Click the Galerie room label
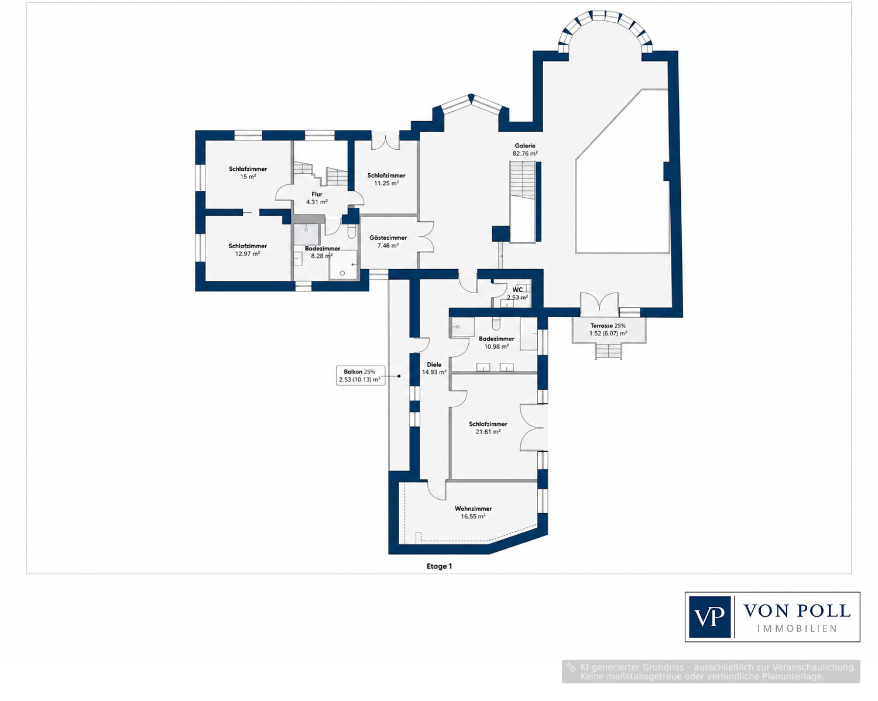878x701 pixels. [x=524, y=146]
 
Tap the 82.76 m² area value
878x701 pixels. [x=525, y=154]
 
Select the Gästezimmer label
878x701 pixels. [x=388, y=238]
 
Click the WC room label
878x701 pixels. [x=517, y=290]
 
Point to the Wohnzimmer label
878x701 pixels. [x=474, y=508]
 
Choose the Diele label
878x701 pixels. [x=434, y=365]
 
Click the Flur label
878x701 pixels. [x=317, y=194]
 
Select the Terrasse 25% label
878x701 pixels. [x=608, y=325]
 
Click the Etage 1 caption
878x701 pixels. [x=439, y=566]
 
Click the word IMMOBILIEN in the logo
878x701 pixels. [x=797, y=629]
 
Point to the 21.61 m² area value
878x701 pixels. [x=488, y=431]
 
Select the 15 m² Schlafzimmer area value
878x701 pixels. [x=248, y=177]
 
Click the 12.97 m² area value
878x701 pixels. [x=248, y=253]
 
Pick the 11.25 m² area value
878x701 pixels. [x=386, y=183]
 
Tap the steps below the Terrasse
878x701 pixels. [x=608, y=351]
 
